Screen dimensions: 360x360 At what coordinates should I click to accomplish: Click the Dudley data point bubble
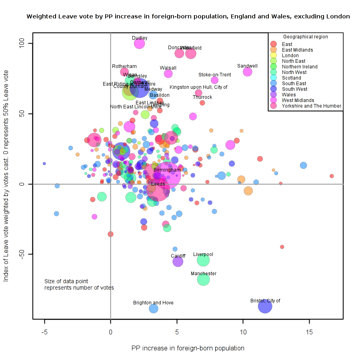click(x=139, y=44)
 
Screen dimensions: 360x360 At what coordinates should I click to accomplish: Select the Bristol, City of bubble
click(x=265, y=307)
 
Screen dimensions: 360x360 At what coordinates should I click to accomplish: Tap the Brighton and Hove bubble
click(x=154, y=308)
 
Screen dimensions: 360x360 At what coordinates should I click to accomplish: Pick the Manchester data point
click(x=203, y=280)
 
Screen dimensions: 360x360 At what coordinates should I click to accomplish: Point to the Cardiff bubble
click(x=178, y=262)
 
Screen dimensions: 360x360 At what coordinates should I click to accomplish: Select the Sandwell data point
click(x=248, y=72)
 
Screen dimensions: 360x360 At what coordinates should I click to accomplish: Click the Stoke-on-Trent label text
click(x=214, y=75)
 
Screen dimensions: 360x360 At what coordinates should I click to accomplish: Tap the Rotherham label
click(x=124, y=66)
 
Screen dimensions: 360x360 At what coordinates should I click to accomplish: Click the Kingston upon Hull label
click(x=198, y=87)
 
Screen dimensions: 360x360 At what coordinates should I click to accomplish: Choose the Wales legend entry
click(x=289, y=95)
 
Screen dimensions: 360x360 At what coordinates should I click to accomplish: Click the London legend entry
click(x=290, y=56)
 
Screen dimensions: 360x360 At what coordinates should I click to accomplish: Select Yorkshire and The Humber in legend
click(x=311, y=106)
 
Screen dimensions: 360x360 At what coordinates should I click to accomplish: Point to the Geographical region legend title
click(x=305, y=37)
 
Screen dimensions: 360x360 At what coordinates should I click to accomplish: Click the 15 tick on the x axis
click(x=309, y=332)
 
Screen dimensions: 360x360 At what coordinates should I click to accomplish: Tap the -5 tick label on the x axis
click(x=44, y=332)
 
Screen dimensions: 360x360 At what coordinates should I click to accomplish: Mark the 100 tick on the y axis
click(x=23, y=43)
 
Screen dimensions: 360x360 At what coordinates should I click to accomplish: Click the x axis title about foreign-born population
click(x=188, y=348)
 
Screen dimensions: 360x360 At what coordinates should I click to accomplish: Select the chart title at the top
click(x=188, y=17)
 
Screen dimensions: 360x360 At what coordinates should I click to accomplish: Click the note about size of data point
click(x=79, y=284)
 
